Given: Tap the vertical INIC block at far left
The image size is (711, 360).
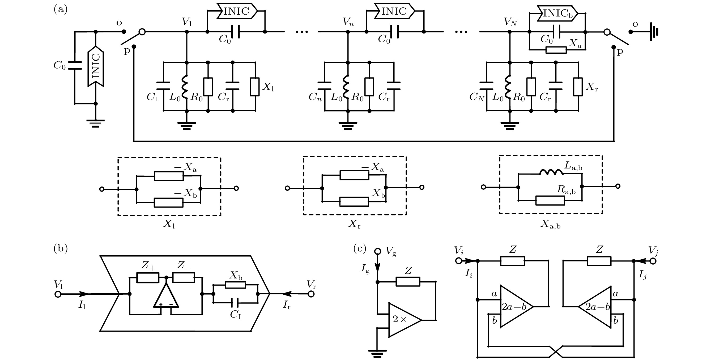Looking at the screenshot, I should point(96,66).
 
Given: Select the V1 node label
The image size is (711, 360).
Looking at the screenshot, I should point(187,22).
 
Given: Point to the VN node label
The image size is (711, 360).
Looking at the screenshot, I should point(510,22).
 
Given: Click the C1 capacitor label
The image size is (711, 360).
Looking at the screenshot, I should point(152,97).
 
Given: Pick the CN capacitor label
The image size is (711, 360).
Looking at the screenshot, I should point(476,97).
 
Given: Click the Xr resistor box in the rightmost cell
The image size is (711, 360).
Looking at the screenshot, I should point(578,87).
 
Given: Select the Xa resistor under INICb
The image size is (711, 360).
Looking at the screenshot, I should point(556,50).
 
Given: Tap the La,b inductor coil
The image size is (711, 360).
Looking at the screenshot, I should point(551,172).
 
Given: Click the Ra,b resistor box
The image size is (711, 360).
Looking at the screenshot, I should point(550,201).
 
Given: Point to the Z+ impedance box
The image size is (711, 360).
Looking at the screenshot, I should point(148,277).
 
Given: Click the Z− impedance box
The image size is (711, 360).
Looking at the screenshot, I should point(184,277).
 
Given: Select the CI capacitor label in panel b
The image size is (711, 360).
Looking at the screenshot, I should point(235,315).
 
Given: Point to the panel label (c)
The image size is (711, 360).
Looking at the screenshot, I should point(360,249).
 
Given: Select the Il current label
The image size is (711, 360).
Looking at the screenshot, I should point(82,305).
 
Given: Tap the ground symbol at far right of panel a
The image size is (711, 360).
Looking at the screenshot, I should point(654,32).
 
